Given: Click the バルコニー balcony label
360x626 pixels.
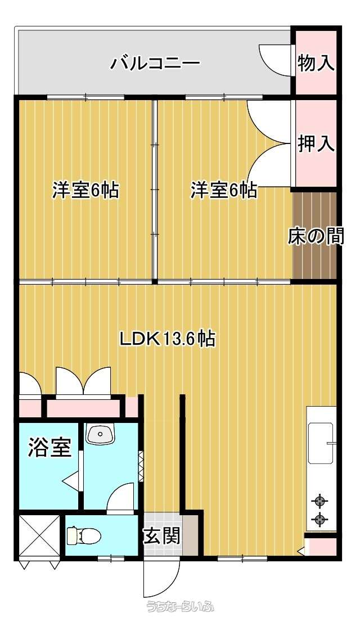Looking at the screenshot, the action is point(155,64).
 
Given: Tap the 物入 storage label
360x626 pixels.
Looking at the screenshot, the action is point(316,62).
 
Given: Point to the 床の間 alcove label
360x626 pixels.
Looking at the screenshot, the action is point(316,236).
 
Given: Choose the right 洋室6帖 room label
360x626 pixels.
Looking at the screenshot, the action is point(223,190).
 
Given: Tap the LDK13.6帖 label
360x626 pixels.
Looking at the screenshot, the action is point(168,339).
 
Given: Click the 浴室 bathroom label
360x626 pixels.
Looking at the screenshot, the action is point(50,448).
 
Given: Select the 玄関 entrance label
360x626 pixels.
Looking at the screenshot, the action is point(161,535).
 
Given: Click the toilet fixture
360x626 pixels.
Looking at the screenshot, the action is point(83,535).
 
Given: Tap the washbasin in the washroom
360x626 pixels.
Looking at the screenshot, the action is point(100,434).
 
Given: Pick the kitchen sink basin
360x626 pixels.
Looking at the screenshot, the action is point(321,443).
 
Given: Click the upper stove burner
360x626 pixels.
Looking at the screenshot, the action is point(319,501).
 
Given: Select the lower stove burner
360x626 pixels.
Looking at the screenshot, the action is point(319,519).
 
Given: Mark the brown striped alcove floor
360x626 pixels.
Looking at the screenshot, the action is point(313,236).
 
